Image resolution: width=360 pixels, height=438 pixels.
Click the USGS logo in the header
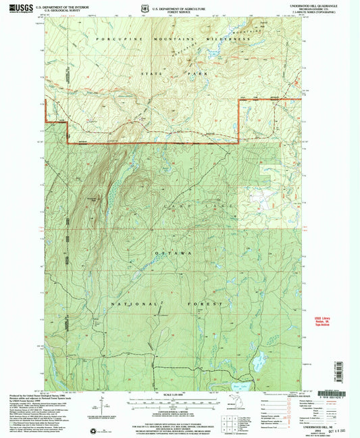(x=20, y=7)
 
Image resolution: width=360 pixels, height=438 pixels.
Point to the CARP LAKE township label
(x=202, y=204)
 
